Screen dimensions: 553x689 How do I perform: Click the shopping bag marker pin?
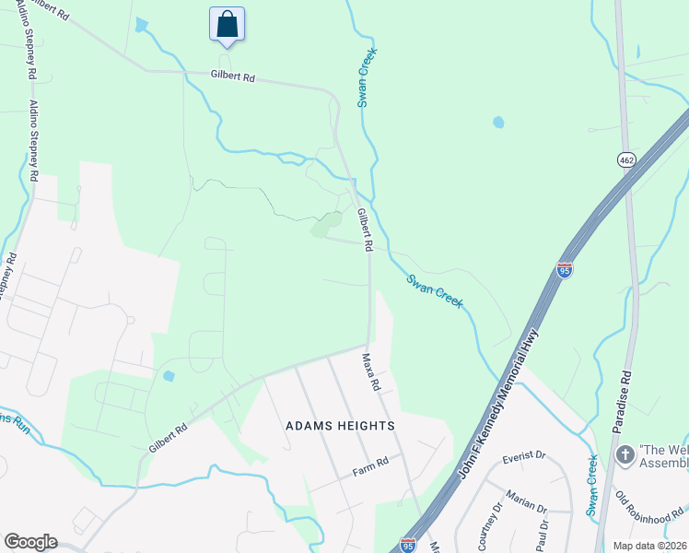click(x=228, y=25)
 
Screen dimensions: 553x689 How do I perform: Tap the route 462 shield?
click(x=626, y=159)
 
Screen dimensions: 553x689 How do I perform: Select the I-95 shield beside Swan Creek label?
click(x=565, y=270)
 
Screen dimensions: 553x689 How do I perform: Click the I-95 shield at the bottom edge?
click(x=408, y=546)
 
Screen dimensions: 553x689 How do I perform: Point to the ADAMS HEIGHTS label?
click(x=340, y=426)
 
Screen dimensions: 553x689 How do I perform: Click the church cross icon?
click(x=624, y=454)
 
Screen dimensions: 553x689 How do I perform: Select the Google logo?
click(x=30, y=542)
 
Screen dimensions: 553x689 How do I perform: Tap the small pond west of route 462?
click(x=498, y=122)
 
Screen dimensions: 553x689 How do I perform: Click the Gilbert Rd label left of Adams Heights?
click(x=169, y=437)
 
